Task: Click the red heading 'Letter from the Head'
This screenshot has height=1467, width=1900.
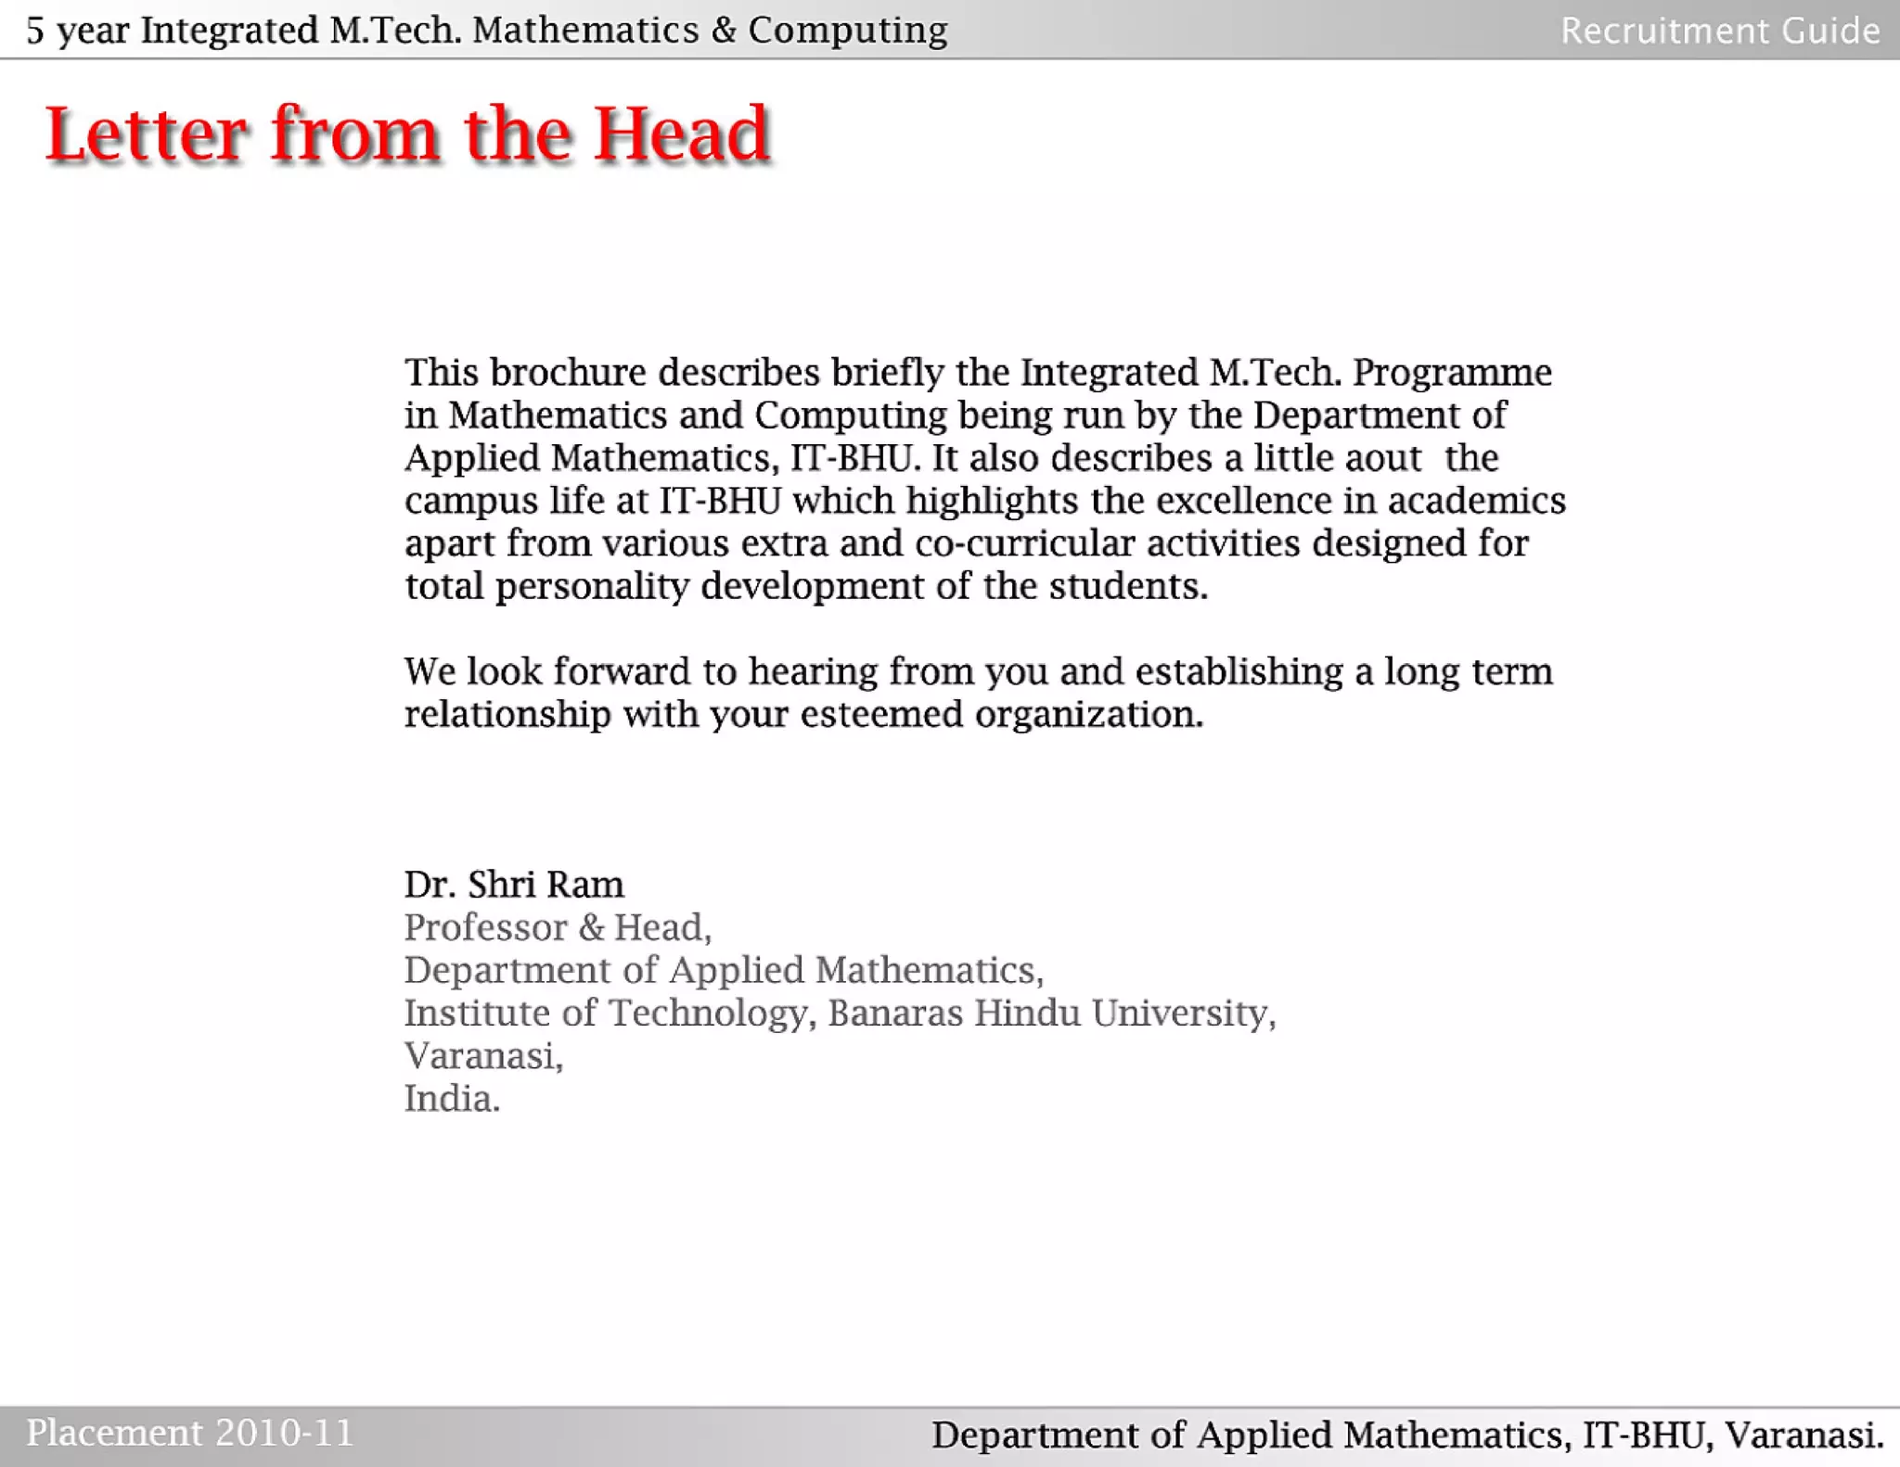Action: (407, 134)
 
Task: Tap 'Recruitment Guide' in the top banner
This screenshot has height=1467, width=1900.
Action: (1720, 31)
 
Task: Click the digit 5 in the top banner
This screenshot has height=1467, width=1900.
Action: (35, 31)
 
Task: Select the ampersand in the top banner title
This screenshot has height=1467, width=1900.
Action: (724, 31)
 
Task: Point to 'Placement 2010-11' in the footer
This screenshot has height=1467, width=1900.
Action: (189, 1433)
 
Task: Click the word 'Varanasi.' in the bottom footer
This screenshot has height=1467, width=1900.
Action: (1804, 1435)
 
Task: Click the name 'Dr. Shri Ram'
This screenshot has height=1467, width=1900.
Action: (514, 885)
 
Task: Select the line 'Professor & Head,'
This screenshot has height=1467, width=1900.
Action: (558, 927)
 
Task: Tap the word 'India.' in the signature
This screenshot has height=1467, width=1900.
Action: (452, 1099)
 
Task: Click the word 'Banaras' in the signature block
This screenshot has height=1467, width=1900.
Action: (894, 1013)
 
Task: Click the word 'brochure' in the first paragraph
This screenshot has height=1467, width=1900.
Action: (568, 373)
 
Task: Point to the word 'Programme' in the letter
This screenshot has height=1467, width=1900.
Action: (1452, 373)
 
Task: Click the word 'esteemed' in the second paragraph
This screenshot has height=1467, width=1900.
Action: (882, 714)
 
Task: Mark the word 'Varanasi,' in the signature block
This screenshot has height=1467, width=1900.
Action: (483, 1056)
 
